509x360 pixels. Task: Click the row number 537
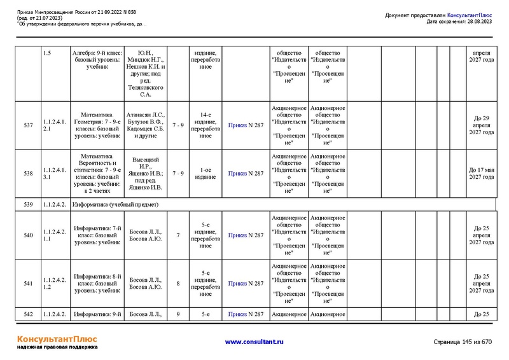click(28, 125)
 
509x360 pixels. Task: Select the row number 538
click(28, 173)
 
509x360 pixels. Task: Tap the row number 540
click(28, 236)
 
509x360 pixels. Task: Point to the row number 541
click(28, 284)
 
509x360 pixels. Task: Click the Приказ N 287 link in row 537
click(246, 125)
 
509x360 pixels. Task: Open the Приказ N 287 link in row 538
click(246, 173)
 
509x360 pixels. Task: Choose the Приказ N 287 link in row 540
click(246, 236)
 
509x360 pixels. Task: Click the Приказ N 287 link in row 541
click(246, 284)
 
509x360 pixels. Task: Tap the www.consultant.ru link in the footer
click(254, 342)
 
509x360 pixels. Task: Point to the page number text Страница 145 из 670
click(463, 342)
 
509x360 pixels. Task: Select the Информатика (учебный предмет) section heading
click(115, 205)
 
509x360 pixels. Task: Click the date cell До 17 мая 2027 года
click(482, 173)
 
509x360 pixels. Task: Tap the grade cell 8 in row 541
click(178, 284)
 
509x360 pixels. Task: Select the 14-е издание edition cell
click(206, 125)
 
